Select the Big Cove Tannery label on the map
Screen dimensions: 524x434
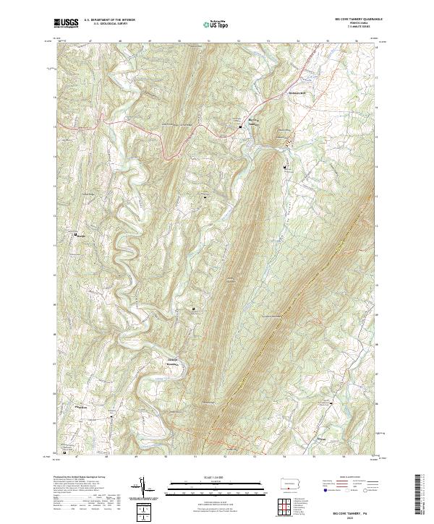tap(252, 121)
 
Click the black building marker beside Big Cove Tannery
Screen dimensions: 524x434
tap(241, 126)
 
